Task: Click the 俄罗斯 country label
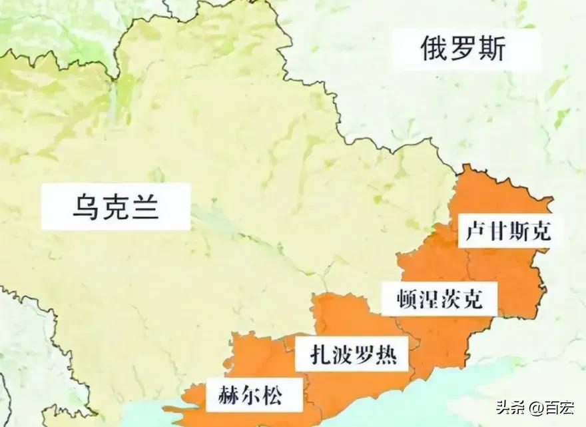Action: point(463,49)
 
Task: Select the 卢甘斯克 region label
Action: point(505,231)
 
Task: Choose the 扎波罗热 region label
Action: point(354,355)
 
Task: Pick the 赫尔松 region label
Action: point(250,395)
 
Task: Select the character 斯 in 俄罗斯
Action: point(492,49)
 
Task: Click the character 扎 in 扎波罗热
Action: point(322,355)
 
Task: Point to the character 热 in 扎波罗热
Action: point(386,355)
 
